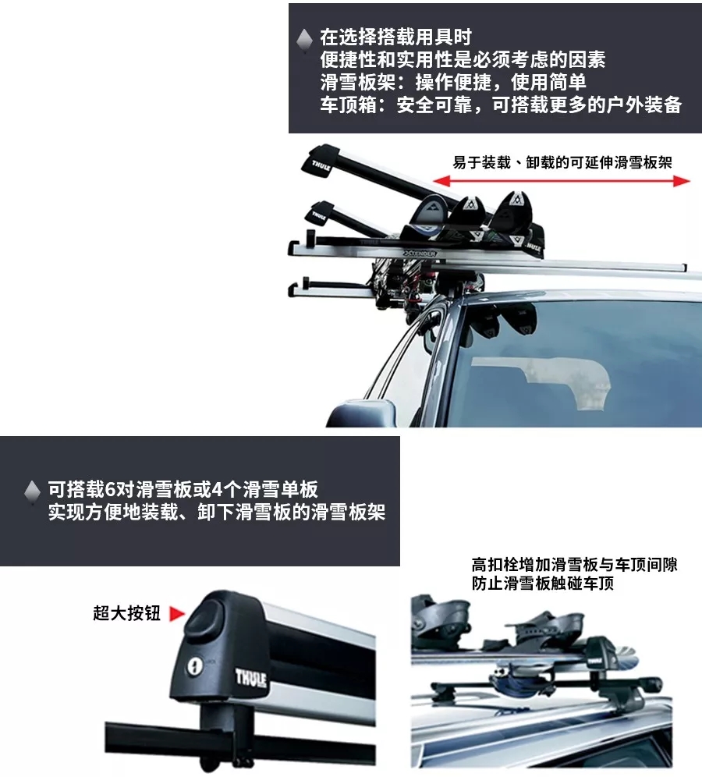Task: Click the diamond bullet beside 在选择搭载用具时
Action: pyautogui.click(x=305, y=38)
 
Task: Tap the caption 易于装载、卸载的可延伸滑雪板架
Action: pyautogui.click(x=562, y=162)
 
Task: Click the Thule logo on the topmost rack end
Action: pyautogui.click(x=321, y=165)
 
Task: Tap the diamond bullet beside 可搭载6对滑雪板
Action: pyautogui.click(x=32, y=491)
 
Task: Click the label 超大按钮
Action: pyautogui.click(x=126, y=614)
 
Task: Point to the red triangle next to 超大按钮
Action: pyautogui.click(x=176, y=614)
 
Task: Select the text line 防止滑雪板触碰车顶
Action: pyautogui.click(x=542, y=584)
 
